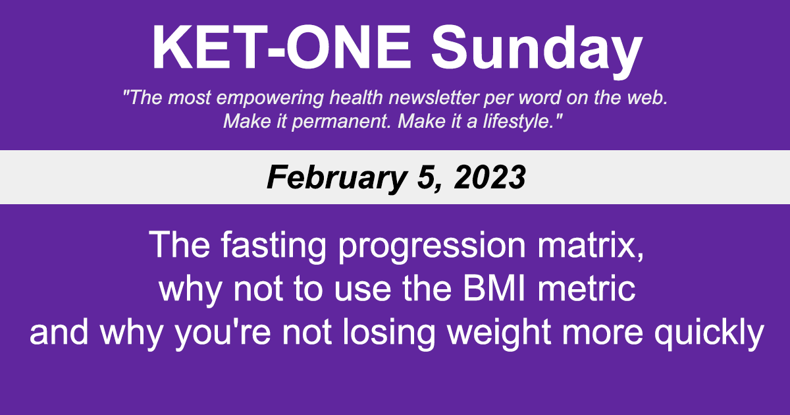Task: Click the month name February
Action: (x=326, y=177)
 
